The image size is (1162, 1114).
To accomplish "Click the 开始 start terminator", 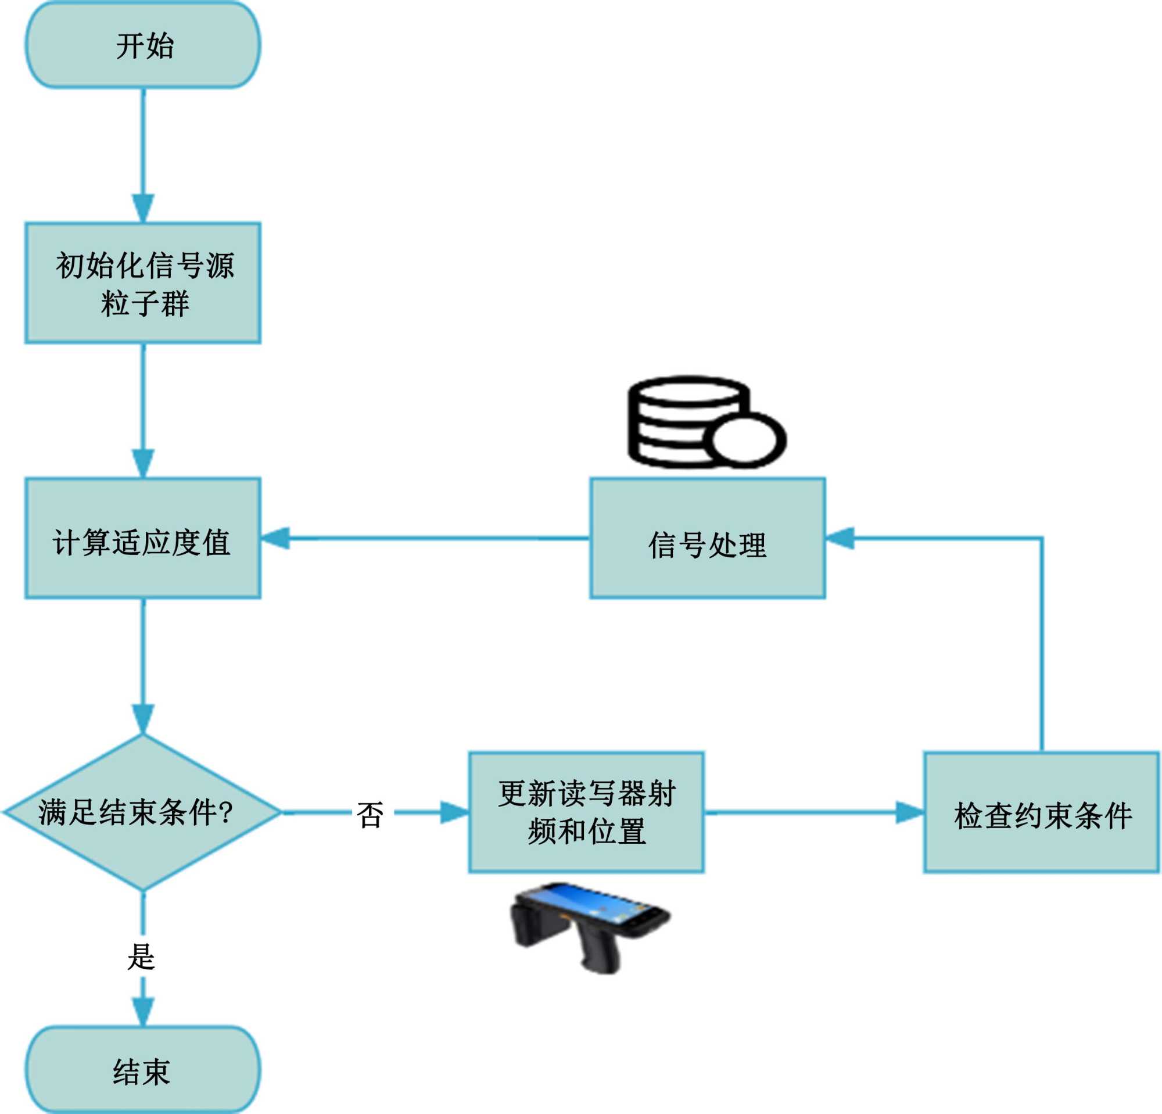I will point(143,46).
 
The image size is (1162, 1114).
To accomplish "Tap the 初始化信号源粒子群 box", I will point(143,284).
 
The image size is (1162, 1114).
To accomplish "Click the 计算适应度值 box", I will point(143,538).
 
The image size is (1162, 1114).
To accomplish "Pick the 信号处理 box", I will point(707,538).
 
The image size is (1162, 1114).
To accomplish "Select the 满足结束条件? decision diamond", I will point(143,812).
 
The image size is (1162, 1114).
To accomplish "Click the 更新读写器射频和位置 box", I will point(586,812).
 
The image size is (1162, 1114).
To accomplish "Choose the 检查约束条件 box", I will point(1042,812).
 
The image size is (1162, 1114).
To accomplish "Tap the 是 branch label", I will point(141,957).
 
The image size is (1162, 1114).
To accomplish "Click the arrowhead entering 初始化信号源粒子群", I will point(143,207).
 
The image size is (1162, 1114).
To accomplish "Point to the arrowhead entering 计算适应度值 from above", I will point(143,463).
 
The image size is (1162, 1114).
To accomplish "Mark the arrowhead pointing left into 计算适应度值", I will point(275,538).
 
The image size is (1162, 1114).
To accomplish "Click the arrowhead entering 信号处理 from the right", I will point(840,538).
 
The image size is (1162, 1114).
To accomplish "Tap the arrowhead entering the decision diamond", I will point(143,719).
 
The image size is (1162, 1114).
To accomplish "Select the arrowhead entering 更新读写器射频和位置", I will point(454,812).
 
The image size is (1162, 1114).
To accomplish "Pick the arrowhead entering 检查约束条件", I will point(909,812).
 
